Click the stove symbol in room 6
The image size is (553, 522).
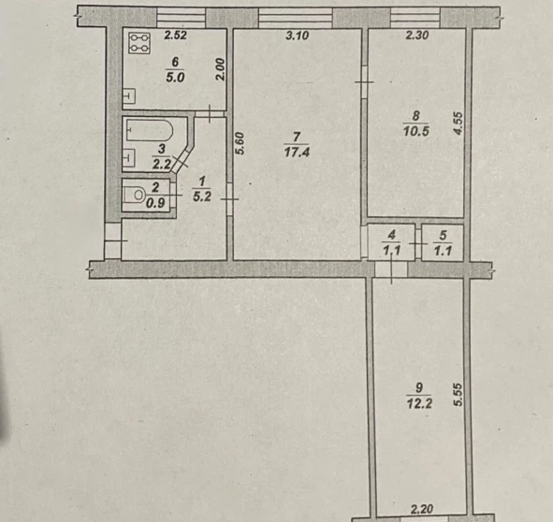139,43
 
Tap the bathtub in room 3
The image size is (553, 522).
150,130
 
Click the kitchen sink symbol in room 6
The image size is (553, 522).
129,95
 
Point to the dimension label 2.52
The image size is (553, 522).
175,36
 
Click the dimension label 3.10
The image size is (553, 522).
298,36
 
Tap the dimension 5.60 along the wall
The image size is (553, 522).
240,143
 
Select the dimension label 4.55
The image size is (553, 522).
458,123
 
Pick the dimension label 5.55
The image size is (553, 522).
458,395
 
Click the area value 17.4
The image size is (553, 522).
297,152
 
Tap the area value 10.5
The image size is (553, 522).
416,131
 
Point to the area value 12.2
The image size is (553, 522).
419,403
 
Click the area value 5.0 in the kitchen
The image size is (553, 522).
175,78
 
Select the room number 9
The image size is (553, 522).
419,387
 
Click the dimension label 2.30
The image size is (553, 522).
417,36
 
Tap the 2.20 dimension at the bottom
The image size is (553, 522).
422,509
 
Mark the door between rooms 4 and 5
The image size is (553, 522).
418,243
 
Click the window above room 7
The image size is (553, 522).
296,18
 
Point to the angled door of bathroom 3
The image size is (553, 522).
182,161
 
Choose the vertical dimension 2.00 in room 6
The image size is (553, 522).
220,69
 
